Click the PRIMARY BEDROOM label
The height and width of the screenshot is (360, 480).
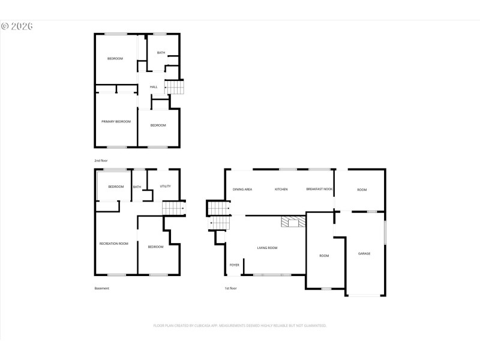[x=116, y=121]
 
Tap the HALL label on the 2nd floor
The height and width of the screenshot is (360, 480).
[x=154, y=87]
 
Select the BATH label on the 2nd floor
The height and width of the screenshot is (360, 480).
[x=161, y=53]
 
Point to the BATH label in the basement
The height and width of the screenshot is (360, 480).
[x=137, y=187]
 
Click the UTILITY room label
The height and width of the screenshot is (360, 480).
[x=165, y=186]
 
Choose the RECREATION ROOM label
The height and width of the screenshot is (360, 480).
[x=114, y=244]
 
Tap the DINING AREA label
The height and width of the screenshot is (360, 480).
[x=242, y=190]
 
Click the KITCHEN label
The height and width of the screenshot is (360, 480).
[x=281, y=190]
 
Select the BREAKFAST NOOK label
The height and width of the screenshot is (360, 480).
[x=319, y=190]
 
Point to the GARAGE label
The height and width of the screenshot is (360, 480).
[x=364, y=254]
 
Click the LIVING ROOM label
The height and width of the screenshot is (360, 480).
[x=267, y=248]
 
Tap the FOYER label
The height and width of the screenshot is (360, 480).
[x=234, y=265]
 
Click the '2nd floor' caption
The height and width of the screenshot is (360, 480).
[x=100, y=161]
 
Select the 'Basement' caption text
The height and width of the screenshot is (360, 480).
[x=102, y=289]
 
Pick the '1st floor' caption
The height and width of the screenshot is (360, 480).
[x=230, y=289]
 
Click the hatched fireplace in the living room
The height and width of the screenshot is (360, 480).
[x=293, y=221]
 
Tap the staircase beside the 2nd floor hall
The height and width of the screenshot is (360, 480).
[x=174, y=88]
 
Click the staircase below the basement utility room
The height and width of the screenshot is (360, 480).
[x=173, y=208]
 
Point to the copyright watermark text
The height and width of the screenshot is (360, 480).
[x=17, y=26]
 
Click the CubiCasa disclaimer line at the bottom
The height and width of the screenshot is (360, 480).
[x=240, y=325]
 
